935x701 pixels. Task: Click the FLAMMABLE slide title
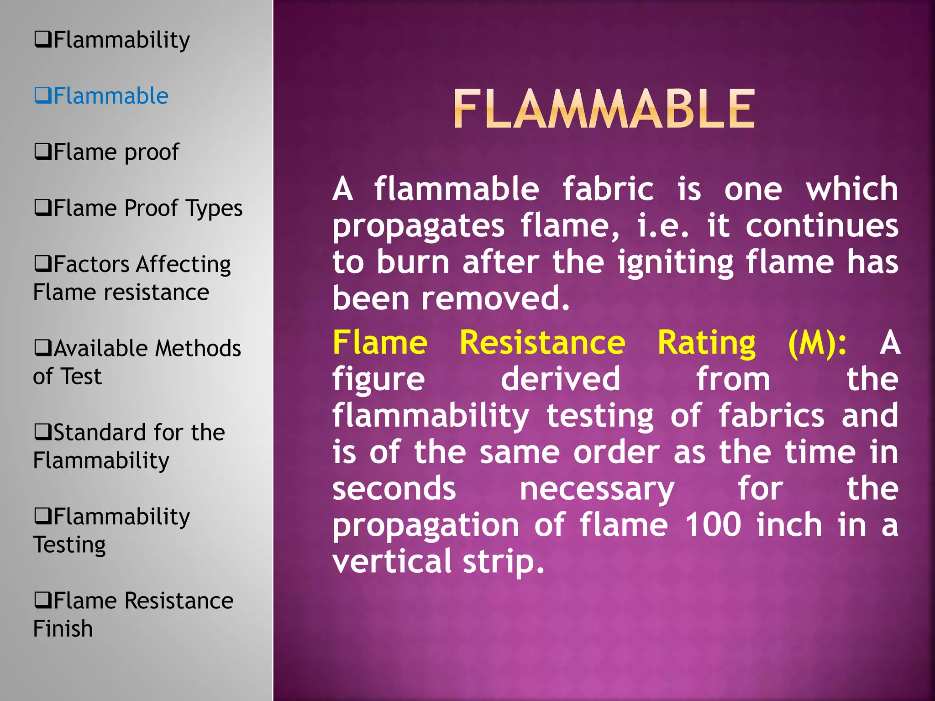tap(604, 110)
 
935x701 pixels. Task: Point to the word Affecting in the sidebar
tap(184, 265)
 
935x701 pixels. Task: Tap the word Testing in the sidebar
tap(69, 545)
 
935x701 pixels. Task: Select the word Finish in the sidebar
tap(63, 629)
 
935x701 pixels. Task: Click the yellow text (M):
tap(817, 343)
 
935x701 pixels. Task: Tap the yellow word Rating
tap(706, 343)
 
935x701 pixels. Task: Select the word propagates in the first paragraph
tap(418, 226)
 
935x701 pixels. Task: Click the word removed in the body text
tap(495, 298)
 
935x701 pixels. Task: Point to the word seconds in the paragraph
tap(394, 488)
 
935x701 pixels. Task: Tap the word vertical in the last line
tap(392, 561)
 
